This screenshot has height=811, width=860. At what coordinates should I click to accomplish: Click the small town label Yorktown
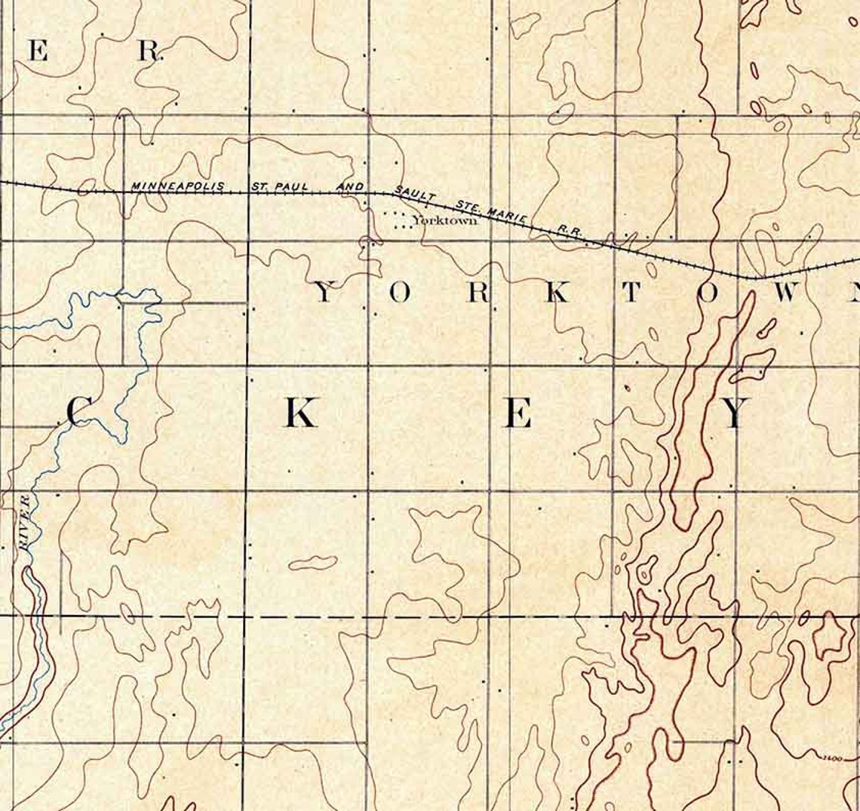tap(445, 222)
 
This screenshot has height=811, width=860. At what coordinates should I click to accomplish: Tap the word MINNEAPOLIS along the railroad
tap(177, 186)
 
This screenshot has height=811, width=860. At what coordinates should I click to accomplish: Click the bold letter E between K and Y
tap(518, 414)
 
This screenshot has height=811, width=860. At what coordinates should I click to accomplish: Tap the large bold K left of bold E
tap(299, 413)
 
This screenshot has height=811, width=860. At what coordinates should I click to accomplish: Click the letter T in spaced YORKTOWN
tap(631, 293)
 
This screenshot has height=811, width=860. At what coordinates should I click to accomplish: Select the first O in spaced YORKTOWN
tap(401, 293)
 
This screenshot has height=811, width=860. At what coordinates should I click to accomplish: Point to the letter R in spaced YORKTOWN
tap(478, 293)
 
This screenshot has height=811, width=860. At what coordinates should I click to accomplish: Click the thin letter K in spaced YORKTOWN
tap(557, 293)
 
